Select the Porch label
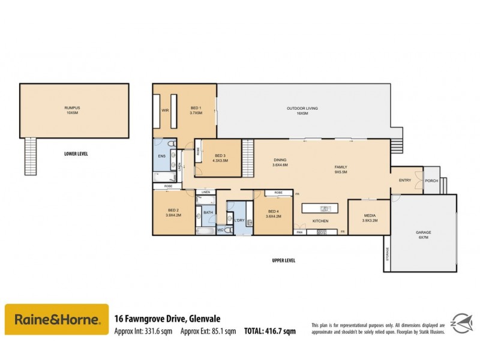[431, 181]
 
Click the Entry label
[405, 180]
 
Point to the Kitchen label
[320, 221]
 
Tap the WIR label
[164, 110]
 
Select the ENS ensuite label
[161, 157]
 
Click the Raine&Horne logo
[57, 319]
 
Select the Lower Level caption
[76, 154]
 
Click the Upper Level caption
[283, 260]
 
